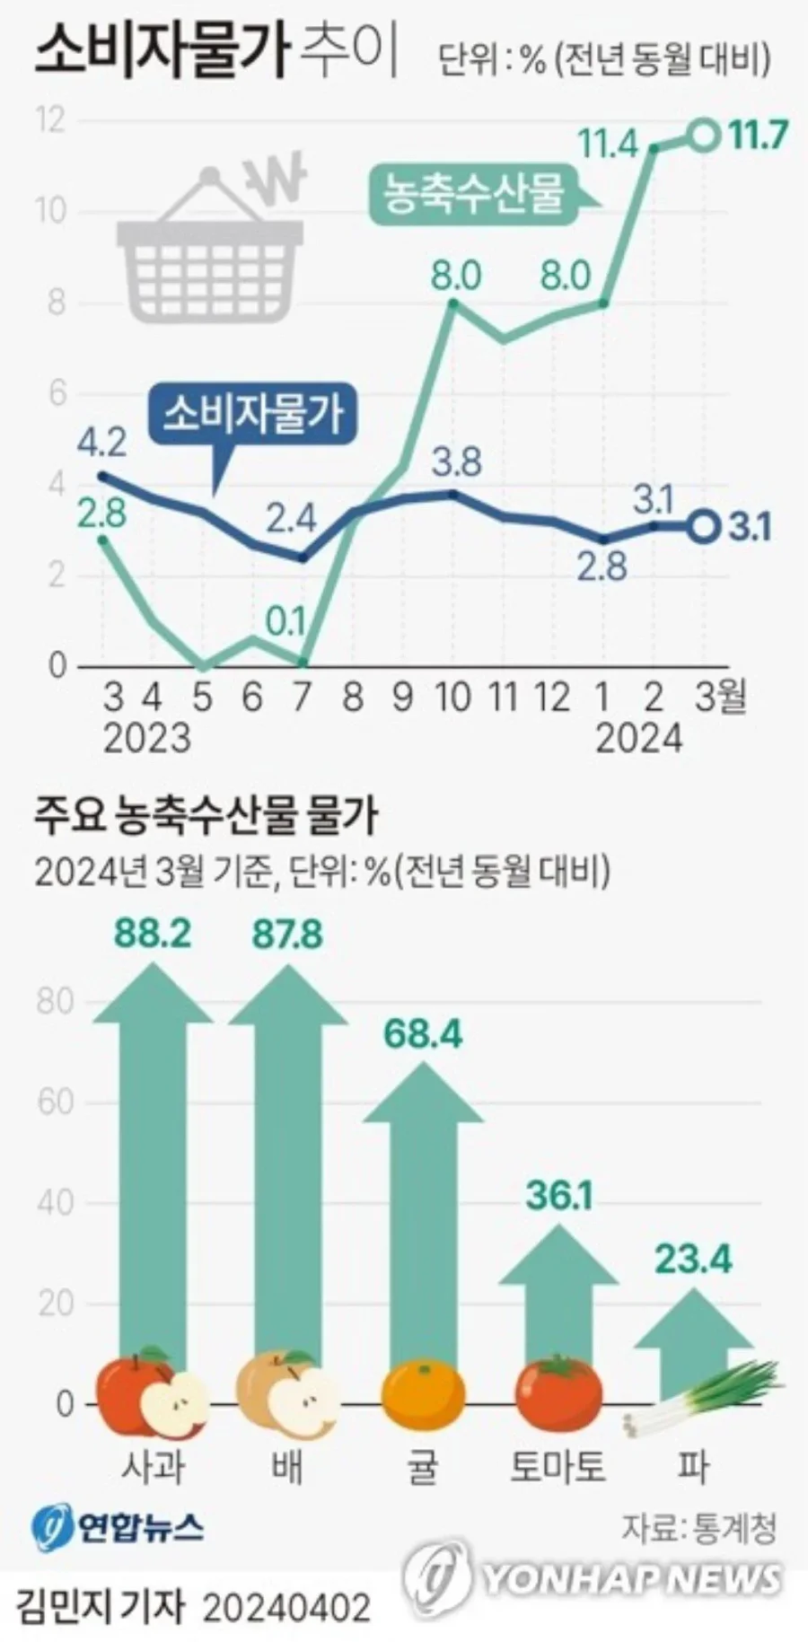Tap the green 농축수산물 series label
475,192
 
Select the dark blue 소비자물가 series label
253,415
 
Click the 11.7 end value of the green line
758,136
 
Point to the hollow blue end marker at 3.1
706,527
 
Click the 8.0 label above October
456,276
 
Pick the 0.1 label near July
286,622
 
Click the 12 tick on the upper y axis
50,119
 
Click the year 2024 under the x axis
639,738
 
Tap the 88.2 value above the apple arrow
153,935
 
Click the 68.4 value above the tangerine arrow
423,1034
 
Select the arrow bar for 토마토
558,1293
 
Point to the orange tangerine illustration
423,1396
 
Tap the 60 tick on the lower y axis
55,1102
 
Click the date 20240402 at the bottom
286,1608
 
